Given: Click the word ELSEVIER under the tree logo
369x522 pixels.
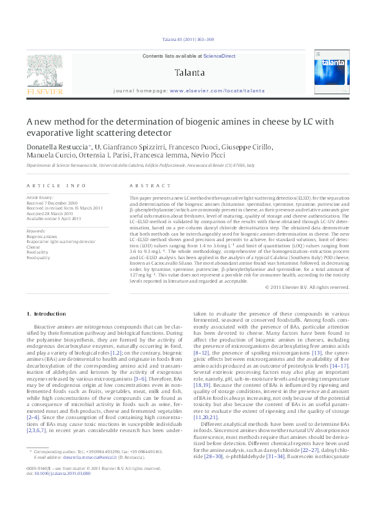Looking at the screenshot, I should point(45,91).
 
